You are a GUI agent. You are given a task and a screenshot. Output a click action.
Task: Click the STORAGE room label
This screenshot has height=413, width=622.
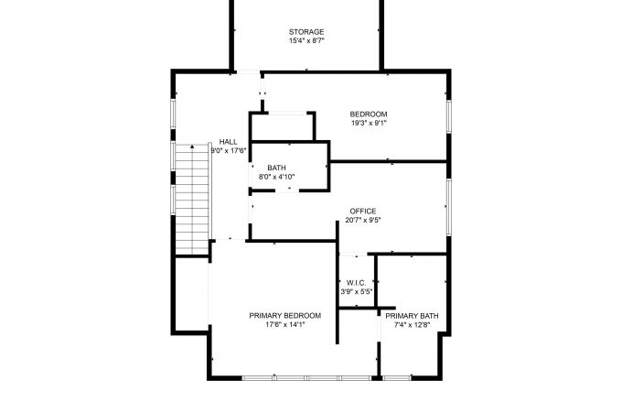point(306,32)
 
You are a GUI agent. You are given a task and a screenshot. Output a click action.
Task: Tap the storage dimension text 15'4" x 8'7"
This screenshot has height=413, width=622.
point(306,40)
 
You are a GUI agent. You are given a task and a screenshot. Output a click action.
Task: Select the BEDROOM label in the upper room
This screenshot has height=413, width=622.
point(369,114)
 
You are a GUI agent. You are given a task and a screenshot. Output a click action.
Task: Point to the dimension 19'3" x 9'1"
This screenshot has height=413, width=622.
point(369,123)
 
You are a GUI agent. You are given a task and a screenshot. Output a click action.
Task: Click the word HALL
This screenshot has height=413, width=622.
point(228,142)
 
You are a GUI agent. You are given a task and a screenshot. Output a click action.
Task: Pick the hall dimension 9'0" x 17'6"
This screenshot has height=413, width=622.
point(229,150)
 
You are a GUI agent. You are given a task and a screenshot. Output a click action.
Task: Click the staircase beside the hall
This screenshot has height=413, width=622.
point(192,199)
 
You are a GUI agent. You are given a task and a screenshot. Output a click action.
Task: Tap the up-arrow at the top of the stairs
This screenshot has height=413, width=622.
point(192,147)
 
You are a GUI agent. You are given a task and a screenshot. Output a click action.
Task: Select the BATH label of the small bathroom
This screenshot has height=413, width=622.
point(276,168)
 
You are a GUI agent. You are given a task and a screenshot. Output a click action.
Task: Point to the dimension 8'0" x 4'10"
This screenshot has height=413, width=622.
point(276,177)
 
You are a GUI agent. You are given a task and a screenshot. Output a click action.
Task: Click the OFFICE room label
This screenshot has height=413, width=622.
point(363,212)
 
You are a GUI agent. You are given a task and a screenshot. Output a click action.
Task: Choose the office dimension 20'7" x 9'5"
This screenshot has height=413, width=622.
point(363,220)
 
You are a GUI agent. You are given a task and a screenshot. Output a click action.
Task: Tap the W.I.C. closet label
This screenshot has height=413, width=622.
point(356,283)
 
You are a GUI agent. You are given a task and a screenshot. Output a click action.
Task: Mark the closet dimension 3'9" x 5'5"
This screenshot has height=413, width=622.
point(356,291)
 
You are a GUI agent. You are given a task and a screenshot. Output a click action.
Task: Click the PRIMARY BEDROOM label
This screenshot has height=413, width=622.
point(284,316)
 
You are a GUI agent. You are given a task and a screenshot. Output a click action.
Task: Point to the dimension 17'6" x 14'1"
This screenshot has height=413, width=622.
point(284,324)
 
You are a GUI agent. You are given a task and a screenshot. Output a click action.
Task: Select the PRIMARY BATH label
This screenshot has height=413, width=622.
point(413,316)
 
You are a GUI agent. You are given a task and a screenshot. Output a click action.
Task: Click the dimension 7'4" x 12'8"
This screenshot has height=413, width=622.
point(413,325)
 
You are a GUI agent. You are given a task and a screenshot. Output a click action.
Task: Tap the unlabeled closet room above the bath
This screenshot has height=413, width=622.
point(283,127)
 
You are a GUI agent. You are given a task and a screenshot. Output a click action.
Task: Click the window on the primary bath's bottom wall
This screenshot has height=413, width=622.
point(397,378)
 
